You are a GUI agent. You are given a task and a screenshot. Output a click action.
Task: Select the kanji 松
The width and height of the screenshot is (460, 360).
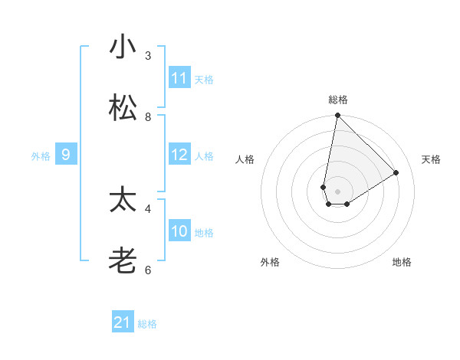tap(122, 108)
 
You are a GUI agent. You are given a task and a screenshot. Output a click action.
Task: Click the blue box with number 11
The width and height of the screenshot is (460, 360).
tap(179, 78)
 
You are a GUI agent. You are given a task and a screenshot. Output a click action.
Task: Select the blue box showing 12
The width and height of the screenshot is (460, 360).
tap(179, 155)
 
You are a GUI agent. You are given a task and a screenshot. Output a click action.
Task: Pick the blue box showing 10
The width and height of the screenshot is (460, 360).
tap(179, 231)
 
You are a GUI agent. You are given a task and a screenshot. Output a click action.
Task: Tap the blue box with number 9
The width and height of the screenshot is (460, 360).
tap(66, 155)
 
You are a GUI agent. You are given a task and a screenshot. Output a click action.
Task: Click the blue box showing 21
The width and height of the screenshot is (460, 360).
tap(123, 322)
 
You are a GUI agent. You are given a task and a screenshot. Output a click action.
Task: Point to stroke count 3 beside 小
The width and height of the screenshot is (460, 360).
tap(148, 55)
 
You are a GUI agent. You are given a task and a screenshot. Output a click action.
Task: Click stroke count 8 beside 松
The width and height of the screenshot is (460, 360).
tap(148, 116)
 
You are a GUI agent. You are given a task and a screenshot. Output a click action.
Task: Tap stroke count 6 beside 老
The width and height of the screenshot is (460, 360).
tap(148, 270)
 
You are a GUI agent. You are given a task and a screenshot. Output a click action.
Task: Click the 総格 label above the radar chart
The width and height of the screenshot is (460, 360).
tap(337, 100)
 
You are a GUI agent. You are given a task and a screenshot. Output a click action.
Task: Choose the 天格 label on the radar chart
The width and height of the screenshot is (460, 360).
tap(431, 159)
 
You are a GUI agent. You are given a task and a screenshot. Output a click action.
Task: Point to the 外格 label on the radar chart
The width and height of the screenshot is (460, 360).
tap(270, 262)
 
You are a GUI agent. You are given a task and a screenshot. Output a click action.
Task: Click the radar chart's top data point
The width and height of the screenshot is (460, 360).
tap(337, 116)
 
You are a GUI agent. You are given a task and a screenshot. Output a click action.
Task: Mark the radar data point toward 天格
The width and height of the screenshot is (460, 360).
tap(396, 173)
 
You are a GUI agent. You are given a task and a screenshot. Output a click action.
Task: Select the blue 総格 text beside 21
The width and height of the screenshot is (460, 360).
tap(147, 324)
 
